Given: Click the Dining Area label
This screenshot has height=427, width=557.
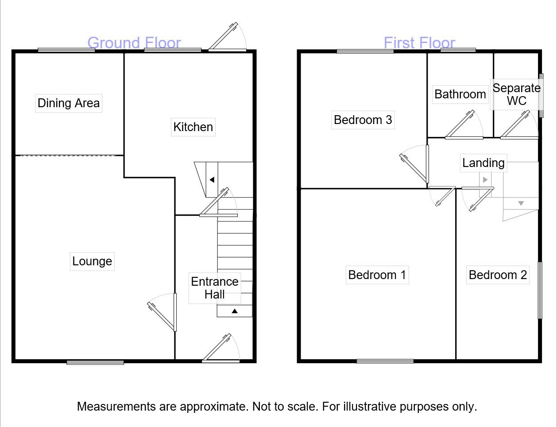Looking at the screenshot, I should click(x=69, y=103).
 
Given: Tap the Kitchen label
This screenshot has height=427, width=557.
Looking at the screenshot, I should click(x=193, y=127).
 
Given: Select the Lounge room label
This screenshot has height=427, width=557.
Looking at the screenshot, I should click(x=92, y=261).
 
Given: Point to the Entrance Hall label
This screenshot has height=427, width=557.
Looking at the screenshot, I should click(x=215, y=288).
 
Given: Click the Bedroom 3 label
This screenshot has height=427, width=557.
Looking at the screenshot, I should click(x=363, y=120).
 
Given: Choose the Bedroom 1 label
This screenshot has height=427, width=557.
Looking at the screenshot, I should click(x=377, y=275).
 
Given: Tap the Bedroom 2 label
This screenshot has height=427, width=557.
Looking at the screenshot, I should click(x=498, y=275).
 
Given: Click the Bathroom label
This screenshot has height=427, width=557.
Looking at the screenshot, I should click(x=460, y=94).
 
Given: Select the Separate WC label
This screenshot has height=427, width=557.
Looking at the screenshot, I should click(x=516, y=94).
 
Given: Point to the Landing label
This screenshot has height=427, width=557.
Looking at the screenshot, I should click(x=483, y=163).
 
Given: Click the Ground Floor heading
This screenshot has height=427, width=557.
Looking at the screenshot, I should click(x=134, y=43).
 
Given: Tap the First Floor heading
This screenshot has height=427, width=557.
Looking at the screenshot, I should click(x=419, y=43).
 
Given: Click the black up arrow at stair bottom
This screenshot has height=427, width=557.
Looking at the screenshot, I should click(x=235, y=311).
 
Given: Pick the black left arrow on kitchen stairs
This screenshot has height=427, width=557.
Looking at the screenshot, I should click(x=212, y=180).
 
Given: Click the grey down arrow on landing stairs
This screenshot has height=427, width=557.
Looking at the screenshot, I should click(x=521, y=203).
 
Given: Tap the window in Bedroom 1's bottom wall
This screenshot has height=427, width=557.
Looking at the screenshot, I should click(x=385, y=361).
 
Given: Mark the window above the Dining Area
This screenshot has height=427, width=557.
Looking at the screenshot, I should click(x=66, y=50).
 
